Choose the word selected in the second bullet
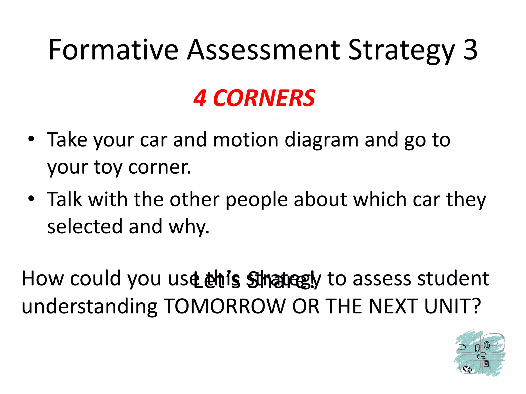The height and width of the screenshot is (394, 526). coord(85,226)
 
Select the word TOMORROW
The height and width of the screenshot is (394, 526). coord(225,307)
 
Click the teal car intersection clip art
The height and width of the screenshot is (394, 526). coord(479,354)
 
